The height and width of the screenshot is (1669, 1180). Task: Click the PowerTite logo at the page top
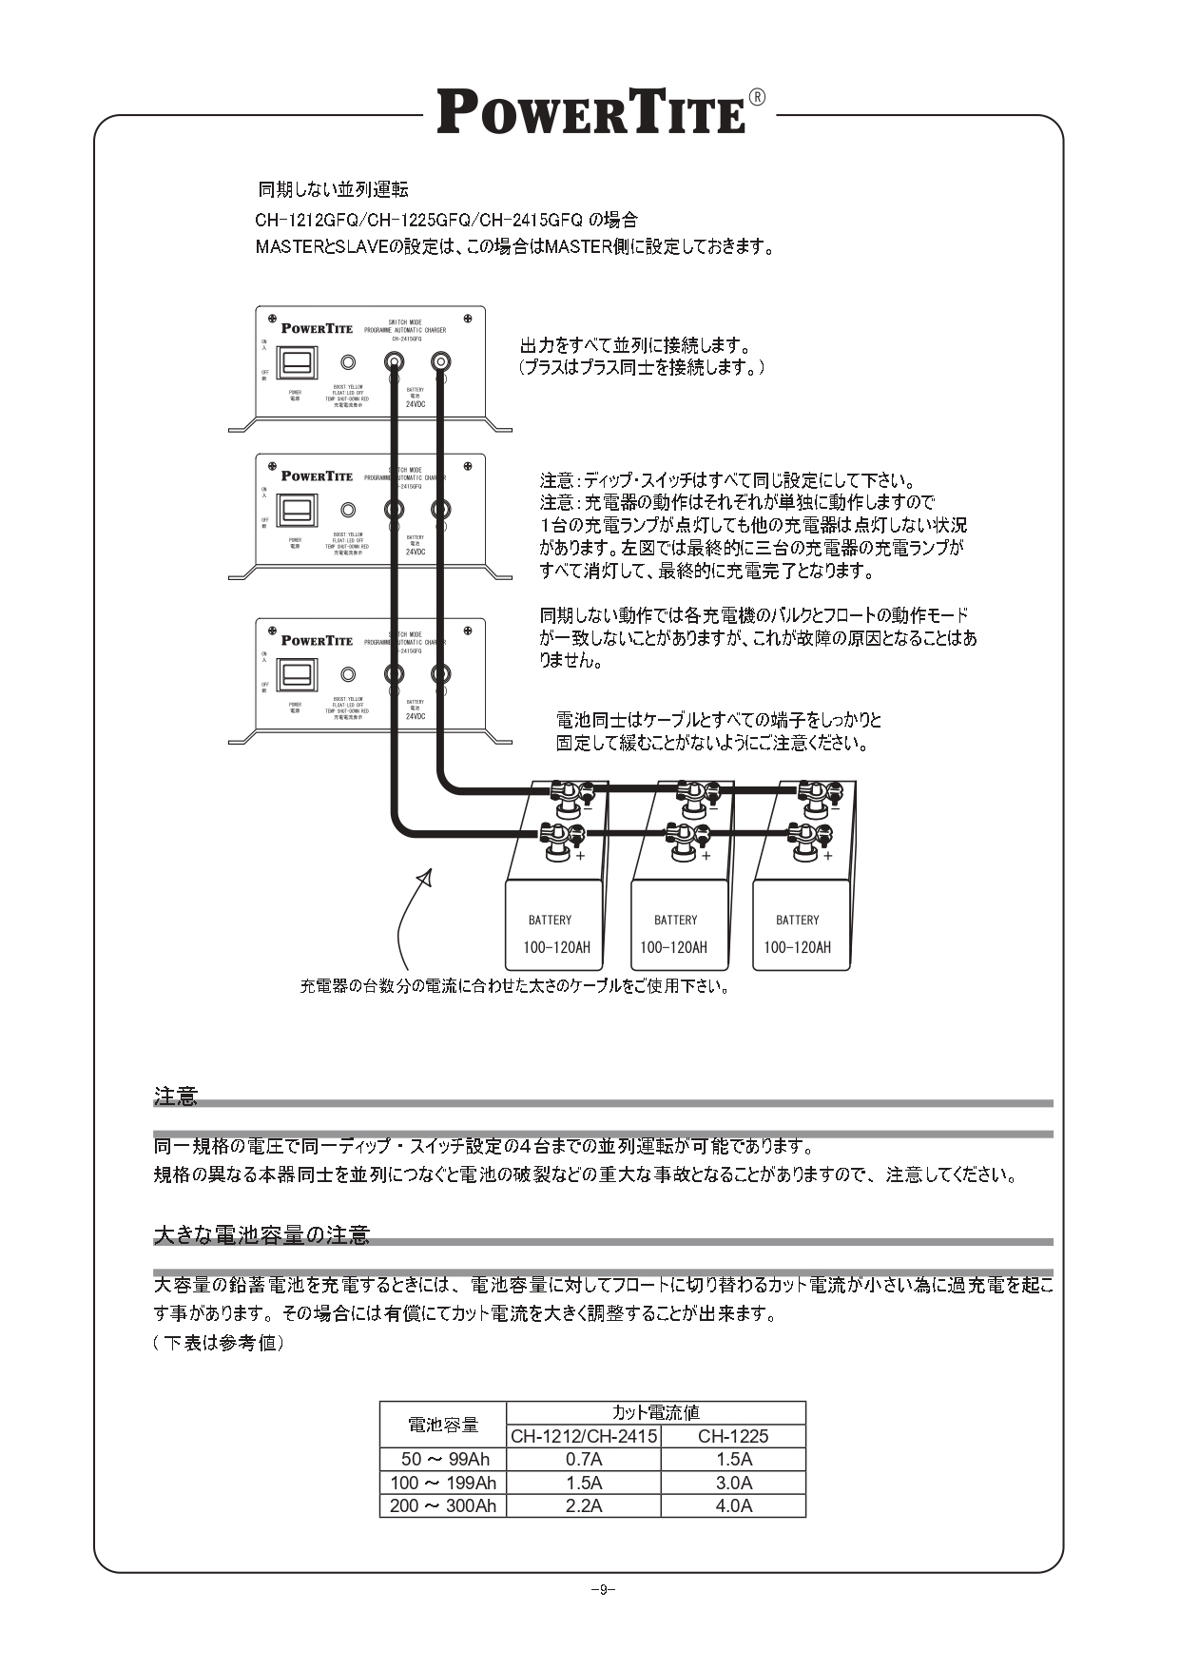[x=591, y=112]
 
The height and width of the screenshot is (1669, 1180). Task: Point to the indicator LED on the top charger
[x=349, y=362]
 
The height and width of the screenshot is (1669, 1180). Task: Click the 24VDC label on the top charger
[x=416, y=404]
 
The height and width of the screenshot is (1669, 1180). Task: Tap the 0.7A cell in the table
[x=584, y=1459]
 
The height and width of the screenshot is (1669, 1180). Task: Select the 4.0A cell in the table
[x=733, y=1505]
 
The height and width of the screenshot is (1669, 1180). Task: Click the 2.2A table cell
[x=584, y=1505]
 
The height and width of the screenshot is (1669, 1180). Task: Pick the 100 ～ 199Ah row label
[x=443, y=1483]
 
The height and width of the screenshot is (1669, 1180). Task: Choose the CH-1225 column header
[x=733, y=1436]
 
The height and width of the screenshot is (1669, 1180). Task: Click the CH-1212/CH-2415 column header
[x=584, y=1436]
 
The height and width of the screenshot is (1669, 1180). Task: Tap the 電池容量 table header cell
[x=443, y=1425]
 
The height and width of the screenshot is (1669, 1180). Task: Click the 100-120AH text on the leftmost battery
[x=556, y=947]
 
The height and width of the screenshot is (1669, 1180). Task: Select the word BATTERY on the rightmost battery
[x=797, y=920]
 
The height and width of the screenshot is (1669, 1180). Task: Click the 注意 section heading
[x=176, y=1096]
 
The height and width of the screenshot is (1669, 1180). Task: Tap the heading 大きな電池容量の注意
[x=261, y=1235]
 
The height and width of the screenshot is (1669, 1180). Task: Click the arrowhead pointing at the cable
[x=426, y=877]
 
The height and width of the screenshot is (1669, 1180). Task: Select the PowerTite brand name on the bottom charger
[x=317, y=640]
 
